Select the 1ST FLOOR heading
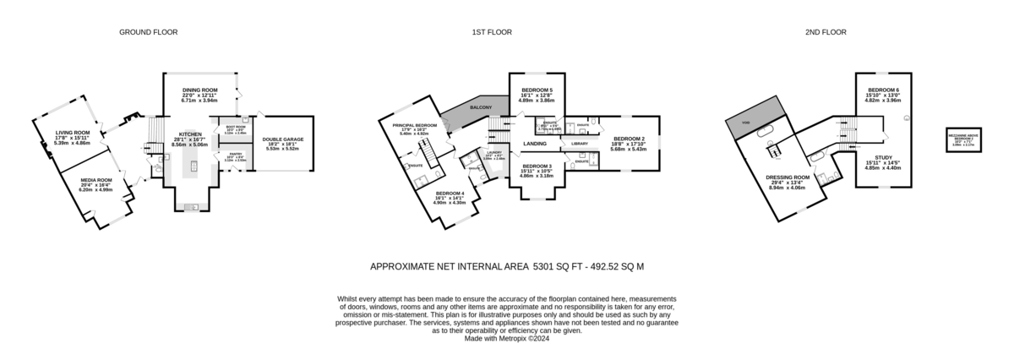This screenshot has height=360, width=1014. [490, 32]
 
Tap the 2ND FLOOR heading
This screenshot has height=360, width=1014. [826, 32]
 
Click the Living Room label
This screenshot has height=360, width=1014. [73, 133]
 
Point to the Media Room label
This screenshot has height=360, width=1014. [95, 180]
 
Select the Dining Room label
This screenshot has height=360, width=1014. [200, 90]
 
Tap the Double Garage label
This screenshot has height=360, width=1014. [283, 139]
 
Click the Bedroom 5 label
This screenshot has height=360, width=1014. [537, 90]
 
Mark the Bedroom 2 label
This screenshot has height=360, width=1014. [629, 138]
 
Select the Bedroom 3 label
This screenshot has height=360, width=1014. [537, 166]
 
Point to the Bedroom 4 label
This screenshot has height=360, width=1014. [450, 193]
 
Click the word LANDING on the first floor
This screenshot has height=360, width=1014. [534, 144]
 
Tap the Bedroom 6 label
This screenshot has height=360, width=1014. [883, 90]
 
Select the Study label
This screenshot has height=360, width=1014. [883, 158]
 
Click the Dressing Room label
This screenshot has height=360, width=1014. [788, 177]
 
